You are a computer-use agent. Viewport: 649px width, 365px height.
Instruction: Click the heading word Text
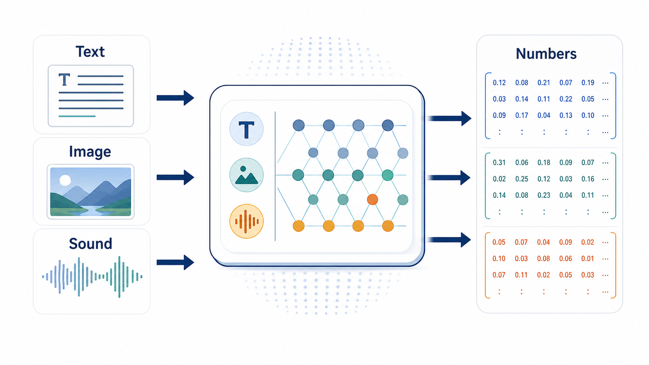[x=90, y=52]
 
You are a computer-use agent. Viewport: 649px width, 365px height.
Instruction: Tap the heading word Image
[x=90, y=152]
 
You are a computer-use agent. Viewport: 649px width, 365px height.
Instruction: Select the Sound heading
[x=90, y=244]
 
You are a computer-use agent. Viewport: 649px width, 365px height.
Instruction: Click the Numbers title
[x=546, y=54]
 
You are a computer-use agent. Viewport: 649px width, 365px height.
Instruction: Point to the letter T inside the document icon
[x=64, y=80]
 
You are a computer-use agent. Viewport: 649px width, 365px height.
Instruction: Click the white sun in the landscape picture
[x=65, y=180]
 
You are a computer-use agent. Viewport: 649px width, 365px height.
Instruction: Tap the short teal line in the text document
[x=77, y=116]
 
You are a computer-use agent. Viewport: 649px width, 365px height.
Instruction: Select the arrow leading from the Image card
[x=175, y=177]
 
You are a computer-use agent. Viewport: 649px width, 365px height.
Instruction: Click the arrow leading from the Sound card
[x=175, y=263]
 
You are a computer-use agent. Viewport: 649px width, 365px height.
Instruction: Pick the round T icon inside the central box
[x=246, y=129]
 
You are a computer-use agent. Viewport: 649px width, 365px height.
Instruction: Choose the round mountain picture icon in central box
[x=246, y=175]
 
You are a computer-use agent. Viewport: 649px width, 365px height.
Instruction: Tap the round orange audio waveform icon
[x=246, y=221]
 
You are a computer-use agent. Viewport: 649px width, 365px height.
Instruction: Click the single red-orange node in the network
[x=372, y=199]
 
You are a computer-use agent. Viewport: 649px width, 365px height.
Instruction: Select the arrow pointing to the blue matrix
[x=449, y=118]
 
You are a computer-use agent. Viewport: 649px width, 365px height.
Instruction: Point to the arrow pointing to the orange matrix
[x=449, y=240]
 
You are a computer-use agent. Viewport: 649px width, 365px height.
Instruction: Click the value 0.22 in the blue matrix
[x=566, y=99]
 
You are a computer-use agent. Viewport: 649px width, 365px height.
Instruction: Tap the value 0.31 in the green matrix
[x=499, y=163]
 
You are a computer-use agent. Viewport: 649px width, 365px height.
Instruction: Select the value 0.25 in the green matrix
[x=522, y=179]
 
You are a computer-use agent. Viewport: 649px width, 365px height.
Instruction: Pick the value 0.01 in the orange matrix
[x=588, y=258]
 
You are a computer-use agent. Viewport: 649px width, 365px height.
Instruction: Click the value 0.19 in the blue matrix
[x=588, y=83]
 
